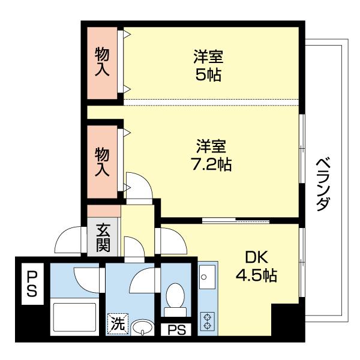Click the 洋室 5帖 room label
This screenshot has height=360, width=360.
(x=209, y=66)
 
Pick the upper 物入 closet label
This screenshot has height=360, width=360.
(x=103, y=62)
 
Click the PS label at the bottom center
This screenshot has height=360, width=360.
(x=176, y=329)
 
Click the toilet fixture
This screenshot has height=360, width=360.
(x=175, y=298)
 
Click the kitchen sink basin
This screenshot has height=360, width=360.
(x=208, y=279)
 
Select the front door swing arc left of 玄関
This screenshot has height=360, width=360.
(x=67, y=242)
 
